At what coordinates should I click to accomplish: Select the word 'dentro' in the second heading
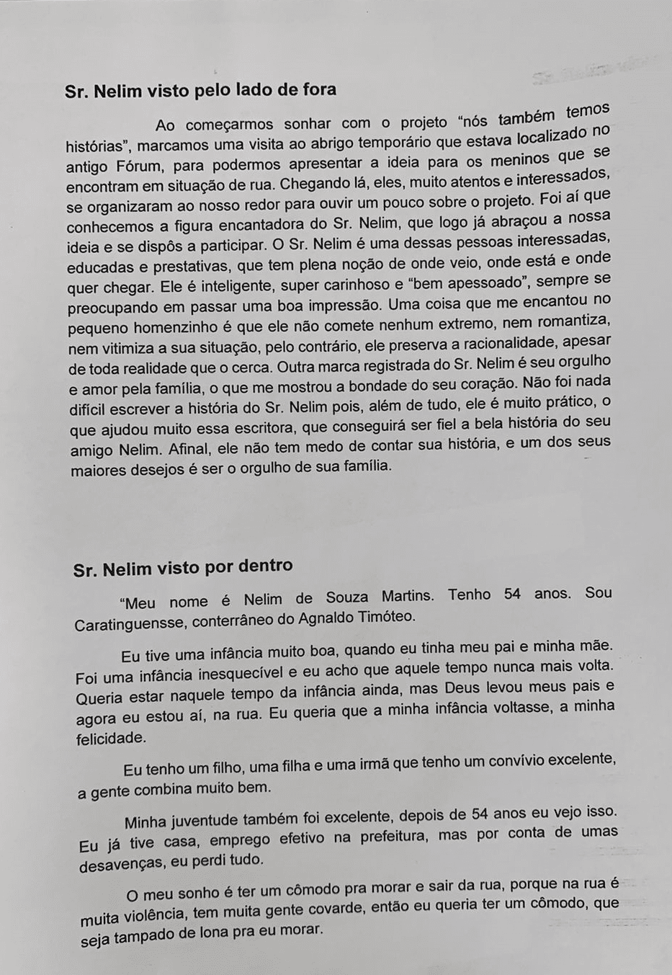pos(260,566)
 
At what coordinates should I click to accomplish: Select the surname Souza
pos(347,597)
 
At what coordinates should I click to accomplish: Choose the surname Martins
pos(408,596)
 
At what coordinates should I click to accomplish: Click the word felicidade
pos(112,739)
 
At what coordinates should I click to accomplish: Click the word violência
pos(145,916)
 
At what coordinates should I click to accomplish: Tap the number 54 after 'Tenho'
pos(513,595)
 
